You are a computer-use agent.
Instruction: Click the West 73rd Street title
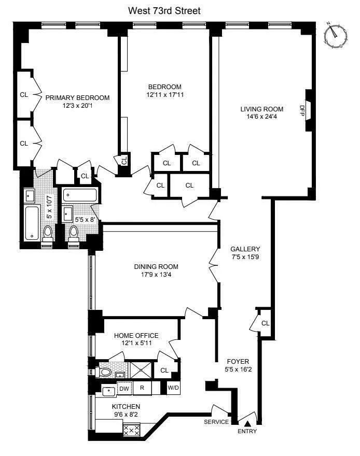pyautogui.click(x=164, y=10)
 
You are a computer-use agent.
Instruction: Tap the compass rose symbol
pyautogui.click(x=335, y=35)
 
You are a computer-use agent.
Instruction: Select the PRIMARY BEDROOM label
pyautogui.click(x=77, y=97)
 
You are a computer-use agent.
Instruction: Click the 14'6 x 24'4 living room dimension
pyautogui.click(x=261, y=118)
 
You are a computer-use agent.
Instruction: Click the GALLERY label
pyautogui.click(x=246, y=249)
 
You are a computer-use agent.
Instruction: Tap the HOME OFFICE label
pyautogui.click(x=136, y=335)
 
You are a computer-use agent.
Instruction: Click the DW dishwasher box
pyautogui.click(x=124, y=388)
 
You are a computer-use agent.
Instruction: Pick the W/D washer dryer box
pyautogui.click(x=173, y=388)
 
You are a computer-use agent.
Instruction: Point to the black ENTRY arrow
pyautogui.click(x=247, y=424)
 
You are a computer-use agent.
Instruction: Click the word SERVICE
pyautogui.click(x=216, y=422)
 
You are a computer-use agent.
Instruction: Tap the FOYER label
pyautogui.click(x=238, y=361)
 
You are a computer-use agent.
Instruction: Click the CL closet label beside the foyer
pyautogui.click(x=266, y=323)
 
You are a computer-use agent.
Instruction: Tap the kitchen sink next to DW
pyautogui.click(x=109, y=391)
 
